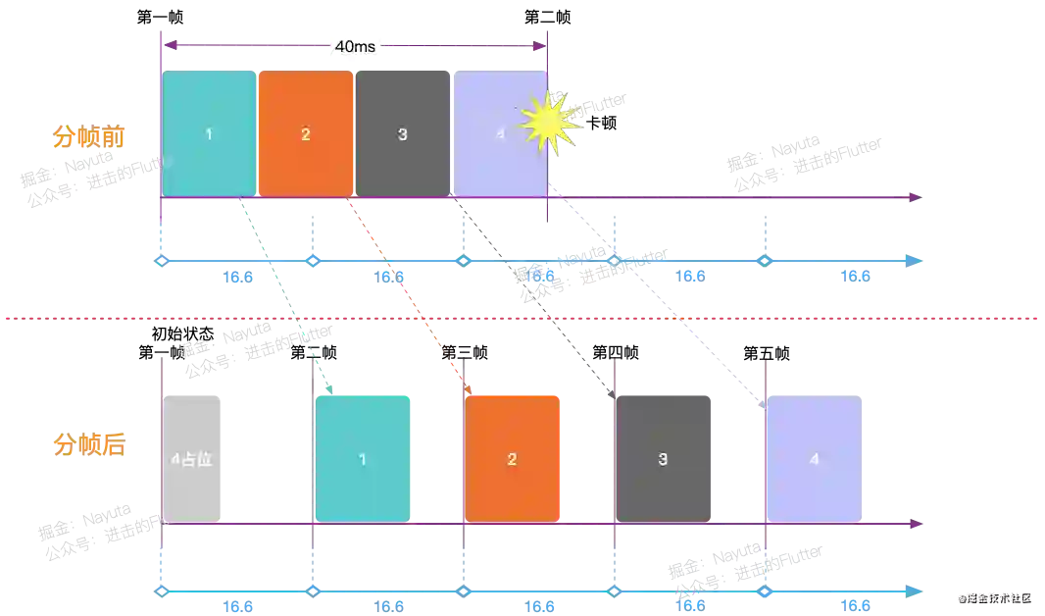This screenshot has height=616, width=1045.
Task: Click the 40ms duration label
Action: click(x=354, y=45)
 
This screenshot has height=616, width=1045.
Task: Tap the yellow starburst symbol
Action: click(x=552, y=122)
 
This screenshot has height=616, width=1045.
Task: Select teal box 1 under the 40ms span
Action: click(x=209, y=133)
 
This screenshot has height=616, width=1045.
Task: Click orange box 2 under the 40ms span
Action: click(x=306, y=133)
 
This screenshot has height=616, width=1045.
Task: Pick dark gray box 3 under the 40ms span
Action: click(x=403, y=133)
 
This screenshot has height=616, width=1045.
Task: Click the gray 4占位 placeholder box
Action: click(x=194, y=458)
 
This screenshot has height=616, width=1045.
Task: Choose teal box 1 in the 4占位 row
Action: click(x=363, y=458)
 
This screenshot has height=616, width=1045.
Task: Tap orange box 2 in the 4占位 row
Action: click(x=512, y=458)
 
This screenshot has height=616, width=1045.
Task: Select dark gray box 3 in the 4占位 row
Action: click(x=663, y=458)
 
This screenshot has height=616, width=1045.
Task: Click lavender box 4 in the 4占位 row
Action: click(x=814, y=458)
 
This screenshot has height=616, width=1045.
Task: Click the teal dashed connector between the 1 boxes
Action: click(x=284, y=294)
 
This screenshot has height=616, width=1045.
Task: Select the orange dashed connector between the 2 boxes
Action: click(x=412, y=294)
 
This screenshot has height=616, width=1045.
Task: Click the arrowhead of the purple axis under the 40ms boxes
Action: click(x=917, y=197)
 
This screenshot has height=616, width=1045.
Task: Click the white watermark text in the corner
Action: click(x=994, y=595)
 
